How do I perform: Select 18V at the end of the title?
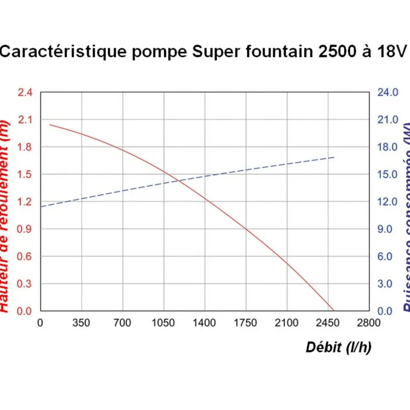[388, 52]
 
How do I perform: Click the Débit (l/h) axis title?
[338, 348]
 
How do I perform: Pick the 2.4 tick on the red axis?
[25, 92]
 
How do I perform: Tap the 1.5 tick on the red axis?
[25, 174]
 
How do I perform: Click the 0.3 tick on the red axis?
[25, 284]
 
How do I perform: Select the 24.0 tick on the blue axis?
[388, 92]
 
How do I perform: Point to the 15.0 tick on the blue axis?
[388, 174]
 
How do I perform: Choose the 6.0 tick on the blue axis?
[388, 256]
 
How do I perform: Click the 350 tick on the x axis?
[81, 323]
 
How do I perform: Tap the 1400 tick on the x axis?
[204, 323]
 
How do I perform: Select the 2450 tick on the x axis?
[328, 323]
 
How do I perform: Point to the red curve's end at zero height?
[333, 311]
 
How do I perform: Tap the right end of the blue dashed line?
[334, 157]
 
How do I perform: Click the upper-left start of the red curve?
[49, 125]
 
